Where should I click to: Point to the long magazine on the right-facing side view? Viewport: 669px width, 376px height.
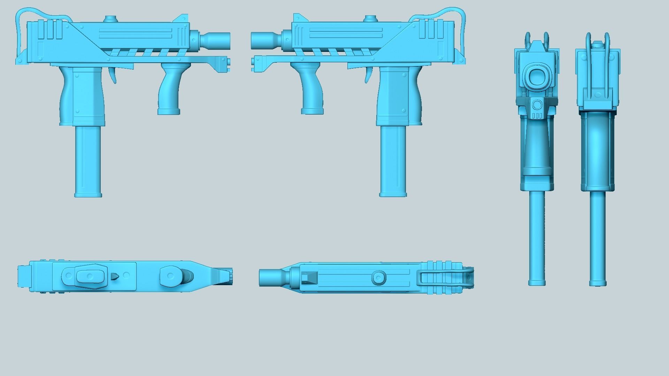(x=88, y=162)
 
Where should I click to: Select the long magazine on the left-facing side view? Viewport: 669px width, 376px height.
(x=393, y=162)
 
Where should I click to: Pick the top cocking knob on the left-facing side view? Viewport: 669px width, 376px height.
(x=370, y=18)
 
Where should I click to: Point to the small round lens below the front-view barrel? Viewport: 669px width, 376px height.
(x=537, y=104)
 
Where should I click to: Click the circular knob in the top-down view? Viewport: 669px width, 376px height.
(x=379, y=278)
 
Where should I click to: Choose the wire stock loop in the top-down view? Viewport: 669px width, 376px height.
(x=446, y=277)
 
